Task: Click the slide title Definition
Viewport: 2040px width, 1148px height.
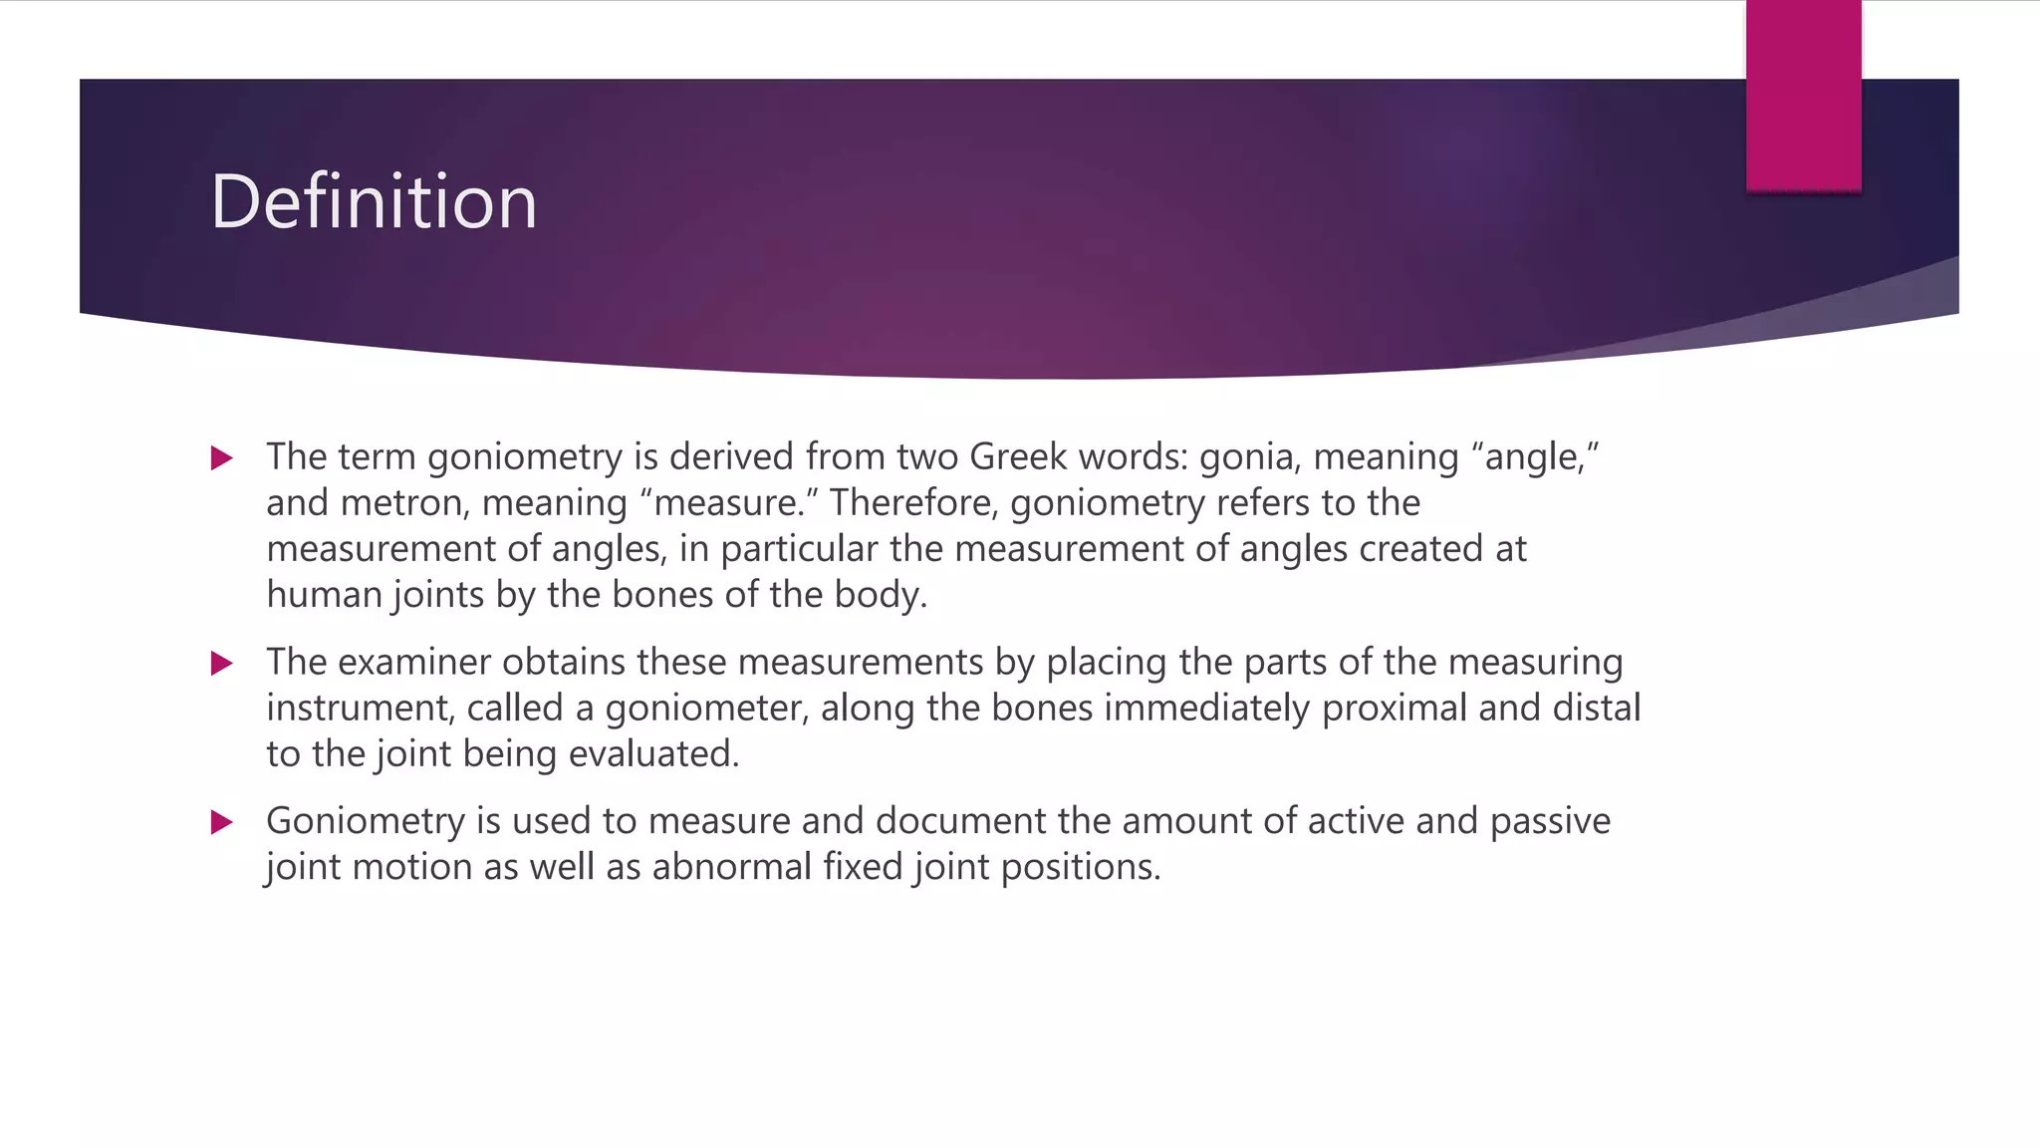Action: coord(374,202)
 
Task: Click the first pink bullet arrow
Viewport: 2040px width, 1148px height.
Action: coord(222,458)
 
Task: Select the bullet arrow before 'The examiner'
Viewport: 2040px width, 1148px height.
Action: coord(222,664)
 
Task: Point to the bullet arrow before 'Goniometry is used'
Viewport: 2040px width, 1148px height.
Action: coord(222,823)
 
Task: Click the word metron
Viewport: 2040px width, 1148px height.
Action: coord(404,502)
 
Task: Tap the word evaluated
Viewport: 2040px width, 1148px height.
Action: coord(653,754)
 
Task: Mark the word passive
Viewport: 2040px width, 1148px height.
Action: coord(1550,821)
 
